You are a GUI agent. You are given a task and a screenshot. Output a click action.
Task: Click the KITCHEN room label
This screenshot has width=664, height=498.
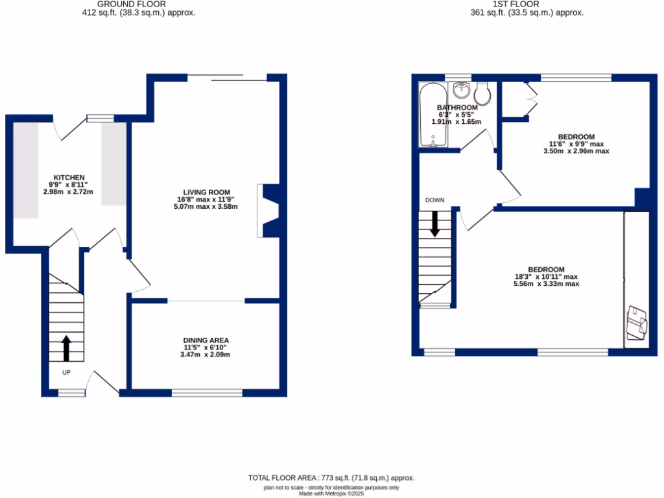[x=69, y=178]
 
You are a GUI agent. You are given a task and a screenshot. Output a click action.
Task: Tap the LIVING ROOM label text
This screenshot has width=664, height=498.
[x=206, y=192]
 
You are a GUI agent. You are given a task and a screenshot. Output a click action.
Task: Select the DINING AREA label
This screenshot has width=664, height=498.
[x=206, y=340]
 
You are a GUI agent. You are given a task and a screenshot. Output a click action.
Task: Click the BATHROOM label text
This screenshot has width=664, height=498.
[x=457, y=108]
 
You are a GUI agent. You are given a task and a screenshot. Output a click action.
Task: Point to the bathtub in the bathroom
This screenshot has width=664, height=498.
[x=429, y=116]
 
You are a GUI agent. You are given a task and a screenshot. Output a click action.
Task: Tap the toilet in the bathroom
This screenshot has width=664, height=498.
[x=484, y=92]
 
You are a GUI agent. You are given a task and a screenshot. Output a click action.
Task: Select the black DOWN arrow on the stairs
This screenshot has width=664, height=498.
[x=434, y=224]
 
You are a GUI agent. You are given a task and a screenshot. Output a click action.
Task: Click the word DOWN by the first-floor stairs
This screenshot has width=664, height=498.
[x=434, y=200]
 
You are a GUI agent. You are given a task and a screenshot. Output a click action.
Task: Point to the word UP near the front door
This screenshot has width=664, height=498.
[x=66, y=373]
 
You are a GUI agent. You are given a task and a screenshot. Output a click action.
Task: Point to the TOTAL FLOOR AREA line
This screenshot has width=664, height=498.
[x=331, y=478]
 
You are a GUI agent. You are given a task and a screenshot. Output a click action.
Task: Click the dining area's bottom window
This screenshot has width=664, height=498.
[x=207, y=392]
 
